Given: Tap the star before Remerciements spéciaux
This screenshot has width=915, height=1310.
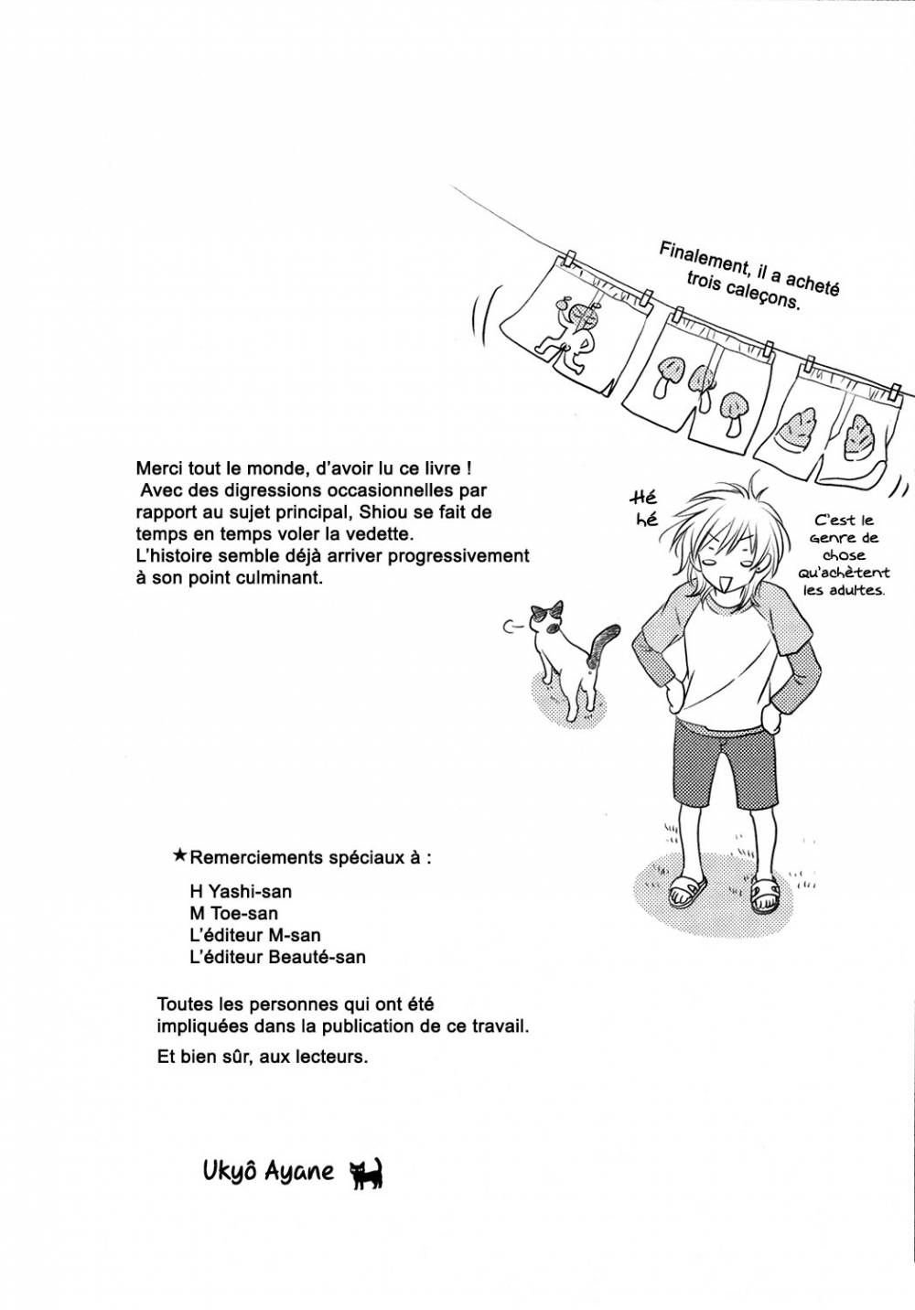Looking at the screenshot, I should coord(179,857).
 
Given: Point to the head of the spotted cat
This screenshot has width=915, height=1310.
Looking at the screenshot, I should coord(547,621).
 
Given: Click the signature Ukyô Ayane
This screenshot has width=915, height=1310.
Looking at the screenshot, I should coord(268,1171).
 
